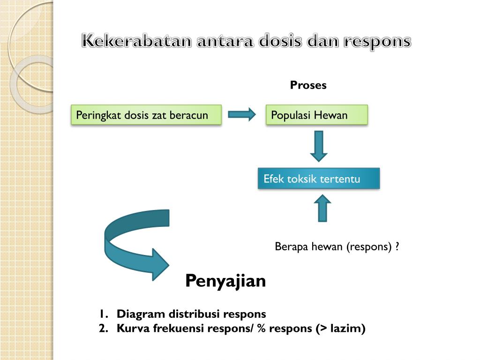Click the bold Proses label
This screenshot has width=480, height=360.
(x=308, y=85)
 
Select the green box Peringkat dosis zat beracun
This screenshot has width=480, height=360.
(x=146, y=115)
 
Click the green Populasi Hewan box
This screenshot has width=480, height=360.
(x=316, y=115)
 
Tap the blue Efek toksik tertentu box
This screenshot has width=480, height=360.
(x=318, y=179)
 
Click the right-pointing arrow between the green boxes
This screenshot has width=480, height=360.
(x=242, y=114)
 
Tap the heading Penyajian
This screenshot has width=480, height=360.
(x=225, y=281)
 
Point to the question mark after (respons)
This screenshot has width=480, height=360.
(x=397, y=247)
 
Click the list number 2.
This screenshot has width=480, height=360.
(x=103, y=329)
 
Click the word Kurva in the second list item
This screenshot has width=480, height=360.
(x=133, y=329)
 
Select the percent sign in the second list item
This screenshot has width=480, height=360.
(x=261, y=329)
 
